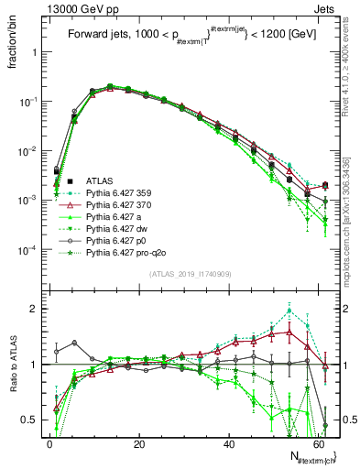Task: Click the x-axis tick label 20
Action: point(138,442)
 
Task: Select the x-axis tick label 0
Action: point(49,442)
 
